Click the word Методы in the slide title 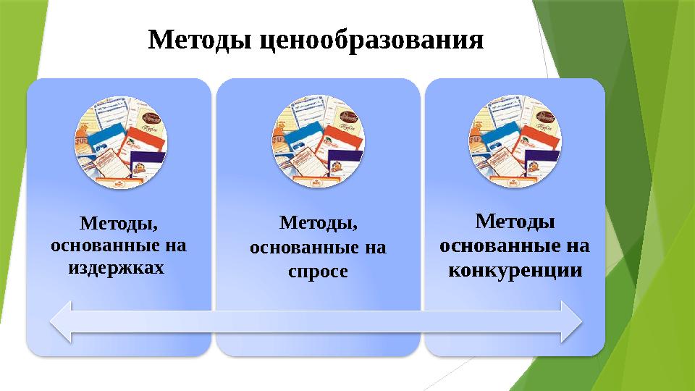pos(198,41)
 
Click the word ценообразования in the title pos(371,41)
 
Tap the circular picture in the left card pos(122,143)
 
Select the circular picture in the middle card pos(319,143)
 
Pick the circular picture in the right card pos(515,143)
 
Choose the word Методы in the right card pos(515,219)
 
